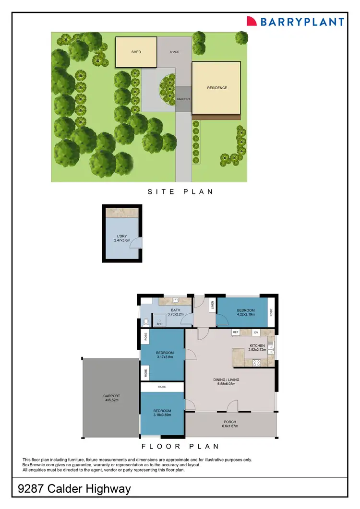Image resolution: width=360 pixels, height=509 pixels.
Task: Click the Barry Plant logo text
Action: point(302,22)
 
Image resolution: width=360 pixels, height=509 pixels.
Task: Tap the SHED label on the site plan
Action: point(136,52)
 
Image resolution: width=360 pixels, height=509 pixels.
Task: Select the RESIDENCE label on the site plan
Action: point(217,88)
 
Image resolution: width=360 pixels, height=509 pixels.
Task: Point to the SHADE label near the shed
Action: point(174,52)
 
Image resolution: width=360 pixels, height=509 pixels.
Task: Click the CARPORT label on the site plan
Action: point(183,99)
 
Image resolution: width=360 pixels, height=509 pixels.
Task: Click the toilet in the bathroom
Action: point(145,321)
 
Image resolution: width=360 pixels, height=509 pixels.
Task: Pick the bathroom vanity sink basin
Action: point(174,301)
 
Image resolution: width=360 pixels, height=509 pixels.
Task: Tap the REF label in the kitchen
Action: point(236,332)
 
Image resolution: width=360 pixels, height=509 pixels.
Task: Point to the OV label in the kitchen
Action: point(256,332)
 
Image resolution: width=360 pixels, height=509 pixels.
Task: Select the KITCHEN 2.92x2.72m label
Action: point(257,348)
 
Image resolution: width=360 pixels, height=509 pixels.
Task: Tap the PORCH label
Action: point(229,422)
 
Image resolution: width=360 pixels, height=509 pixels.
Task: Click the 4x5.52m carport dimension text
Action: point(111,400)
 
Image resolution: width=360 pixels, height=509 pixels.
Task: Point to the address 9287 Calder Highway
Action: point(74,489)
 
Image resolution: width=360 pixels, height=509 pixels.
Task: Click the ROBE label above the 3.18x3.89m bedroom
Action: point(162,386)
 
